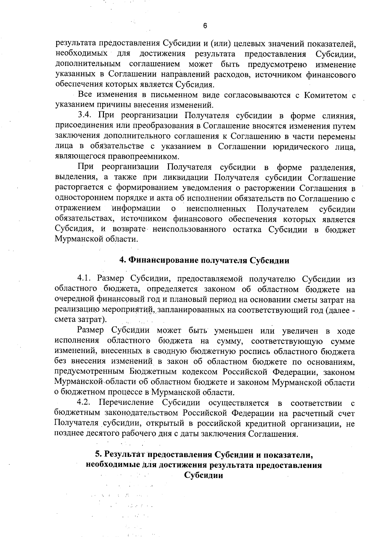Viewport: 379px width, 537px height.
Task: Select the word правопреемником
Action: coord(143,156)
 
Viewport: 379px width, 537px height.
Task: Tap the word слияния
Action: coord(339,116)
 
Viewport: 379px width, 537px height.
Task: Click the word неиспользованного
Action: coord(189,229)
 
